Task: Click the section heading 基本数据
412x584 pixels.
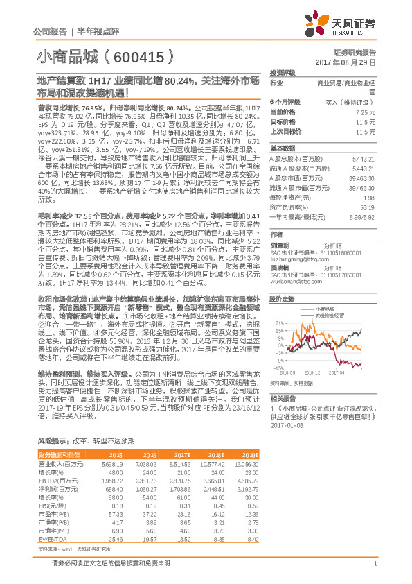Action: [282, 148]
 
